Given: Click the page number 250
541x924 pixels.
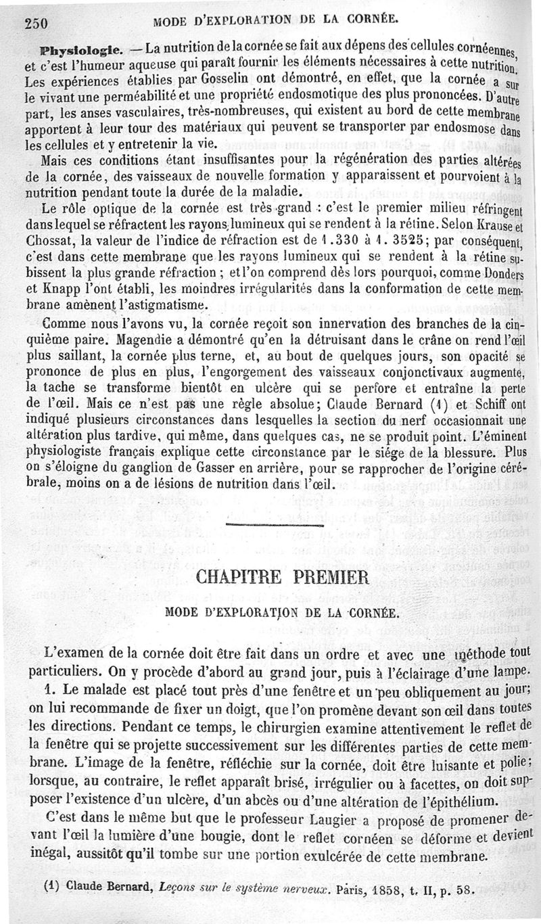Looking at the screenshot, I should (x=34, y=21).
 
